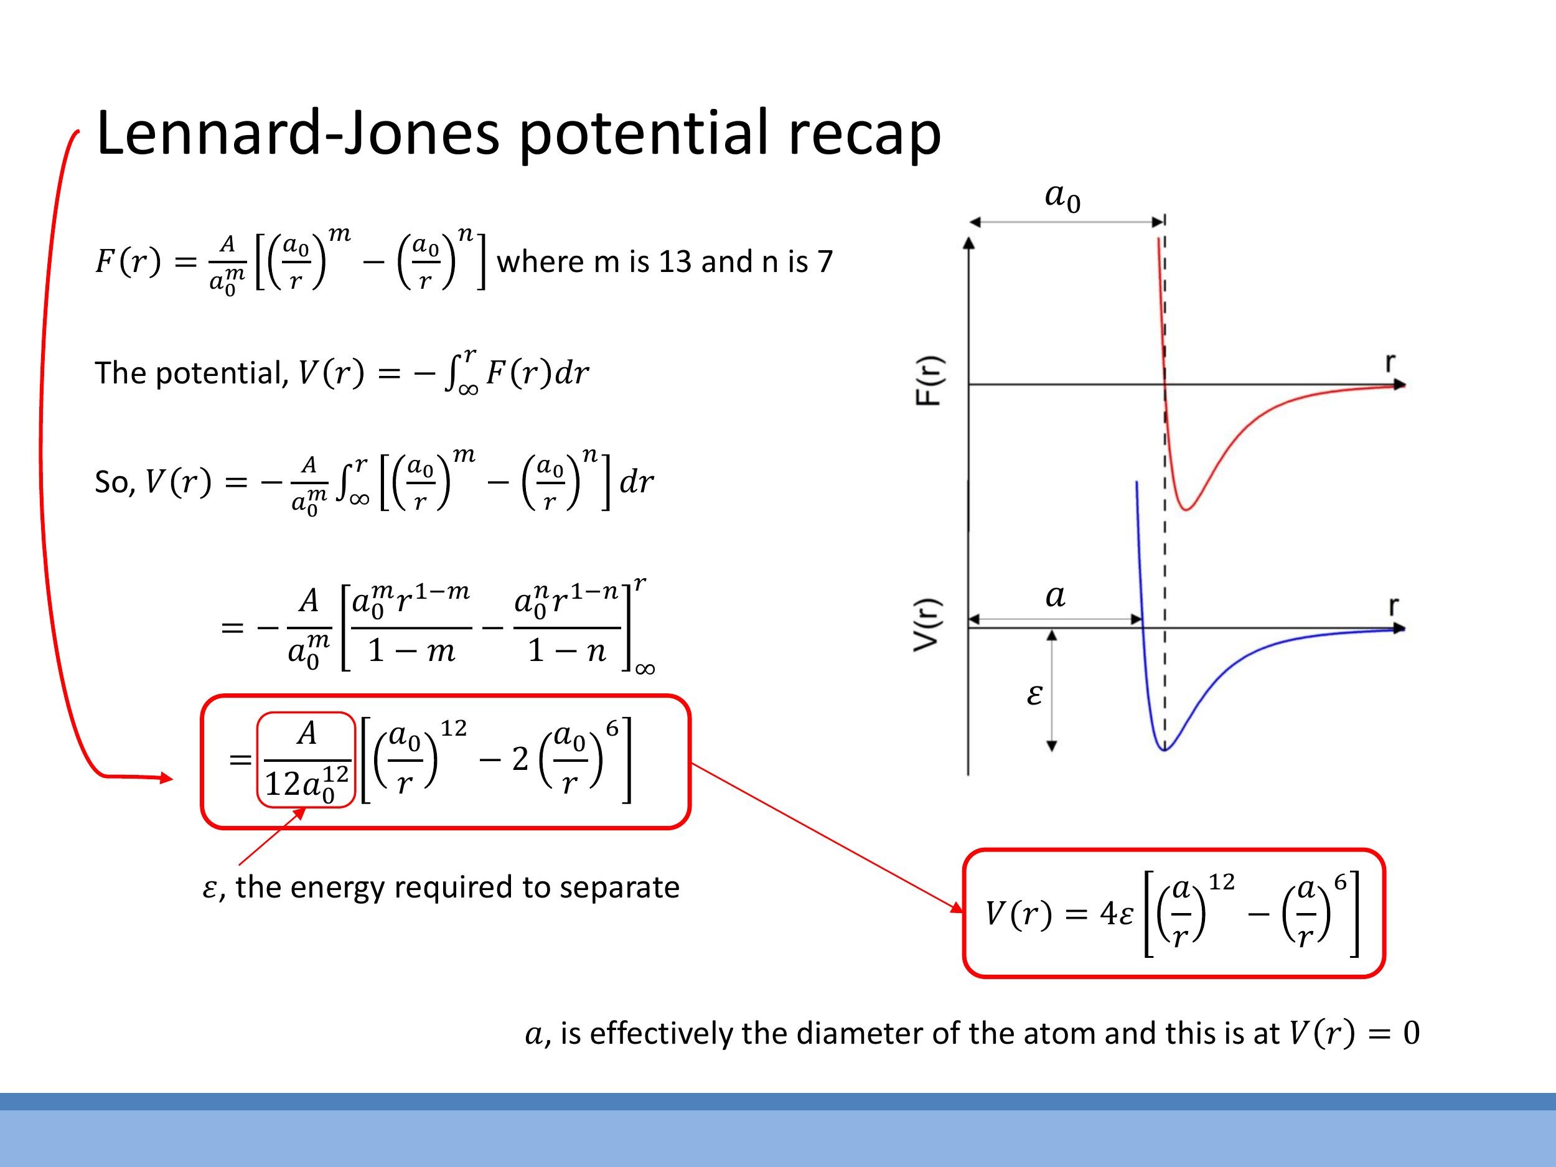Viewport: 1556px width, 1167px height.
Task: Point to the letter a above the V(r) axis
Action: click(1055, 596)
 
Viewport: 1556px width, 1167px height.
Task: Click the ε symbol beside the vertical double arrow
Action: click(1034, 695)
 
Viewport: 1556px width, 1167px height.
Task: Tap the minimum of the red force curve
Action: click(1186, 509)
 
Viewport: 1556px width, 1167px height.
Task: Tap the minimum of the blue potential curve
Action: click(1164, 750)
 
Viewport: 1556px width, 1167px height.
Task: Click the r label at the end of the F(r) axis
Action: click(1390, 362)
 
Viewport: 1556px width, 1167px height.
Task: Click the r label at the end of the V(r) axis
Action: click(1394, 606)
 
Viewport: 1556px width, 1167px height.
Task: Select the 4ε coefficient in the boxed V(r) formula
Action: click(1117, 914)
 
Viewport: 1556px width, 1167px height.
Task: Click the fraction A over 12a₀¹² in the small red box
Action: click(306, 760)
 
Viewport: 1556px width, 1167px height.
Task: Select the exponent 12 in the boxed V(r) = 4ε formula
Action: click(1221, 882)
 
